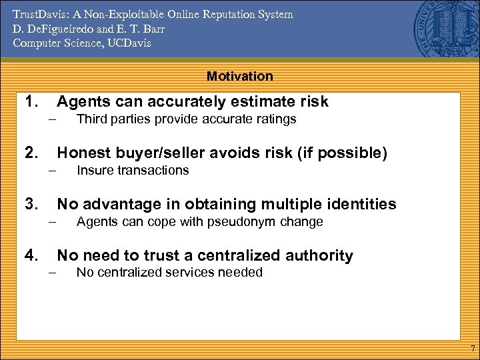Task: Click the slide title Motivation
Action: coord(239,76)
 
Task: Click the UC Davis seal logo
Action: coord(440,27)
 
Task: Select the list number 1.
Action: coord(31,101)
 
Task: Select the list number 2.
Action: coord(31,153)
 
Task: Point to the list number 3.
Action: coord(31,204)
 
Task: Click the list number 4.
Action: coord(31,255)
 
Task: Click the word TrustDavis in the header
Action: coord(40,15)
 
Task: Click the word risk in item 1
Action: coord(313,101)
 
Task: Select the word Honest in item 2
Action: coord(81,153)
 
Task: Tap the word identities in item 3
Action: coord(362,204)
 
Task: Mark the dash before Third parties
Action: coord(50,120)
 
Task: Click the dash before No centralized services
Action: coord(50,273)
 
